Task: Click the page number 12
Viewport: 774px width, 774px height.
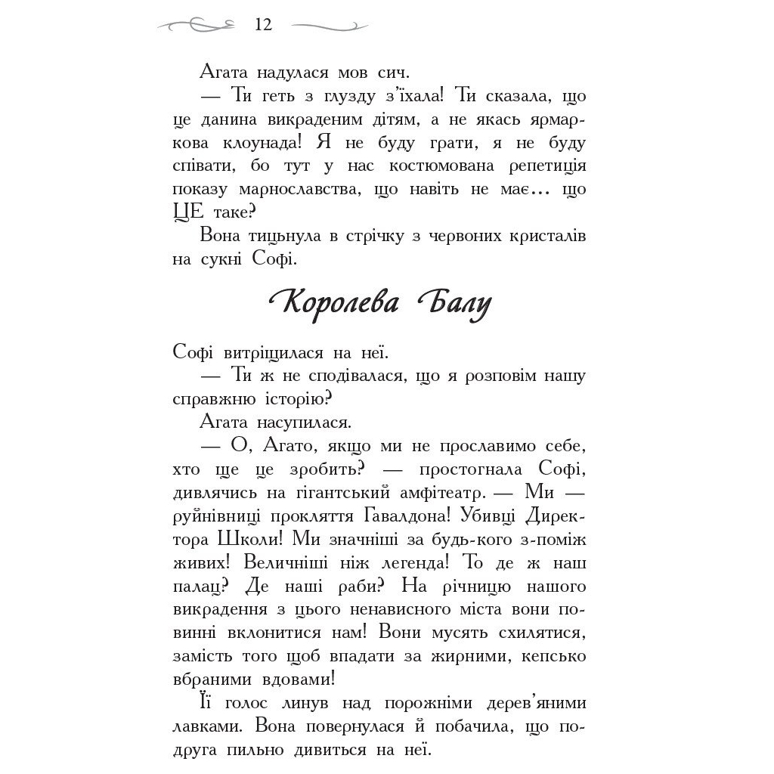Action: tap(263, 25)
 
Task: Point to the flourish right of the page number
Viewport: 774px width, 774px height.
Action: tap(330, 26)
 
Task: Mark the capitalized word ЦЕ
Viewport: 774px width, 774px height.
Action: tap(184, 212)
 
